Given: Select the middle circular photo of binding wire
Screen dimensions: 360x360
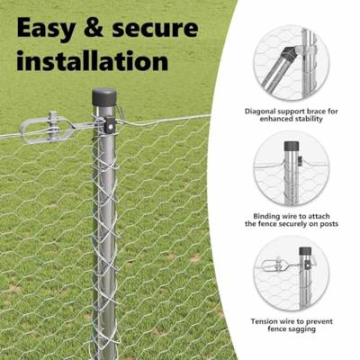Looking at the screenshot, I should coord(290,167).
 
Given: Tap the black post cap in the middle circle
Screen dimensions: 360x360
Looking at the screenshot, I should coord(291,145).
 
